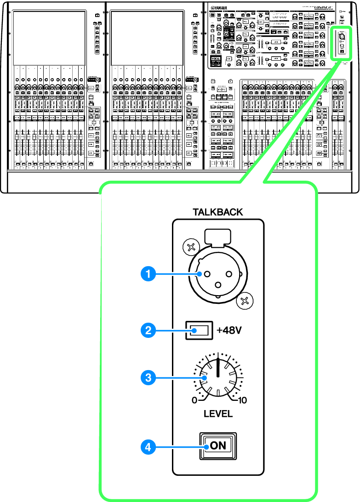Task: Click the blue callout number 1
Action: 147,274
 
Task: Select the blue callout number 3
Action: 147,378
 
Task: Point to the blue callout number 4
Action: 147,445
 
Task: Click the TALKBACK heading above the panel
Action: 218,212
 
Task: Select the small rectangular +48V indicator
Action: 198,330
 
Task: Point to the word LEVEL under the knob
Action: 218,413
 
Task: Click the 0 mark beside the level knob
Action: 194,400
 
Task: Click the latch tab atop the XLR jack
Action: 218,236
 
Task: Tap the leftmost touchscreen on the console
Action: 49,38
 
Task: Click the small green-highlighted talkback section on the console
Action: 342,43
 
